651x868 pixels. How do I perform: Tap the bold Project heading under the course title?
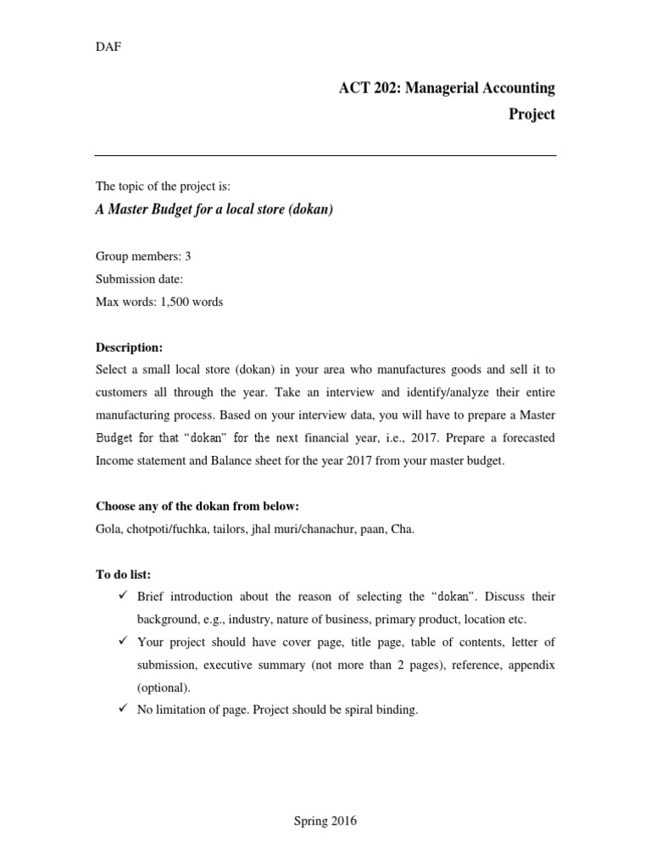pyautogui.click(x=531, y=114)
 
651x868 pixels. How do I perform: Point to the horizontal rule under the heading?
pyautogui.click(x=325, y=156)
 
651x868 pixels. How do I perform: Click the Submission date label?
pyautogui.click(x=139, y=279)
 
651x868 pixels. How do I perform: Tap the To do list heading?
pyautogui.click(x=123, y=575)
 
